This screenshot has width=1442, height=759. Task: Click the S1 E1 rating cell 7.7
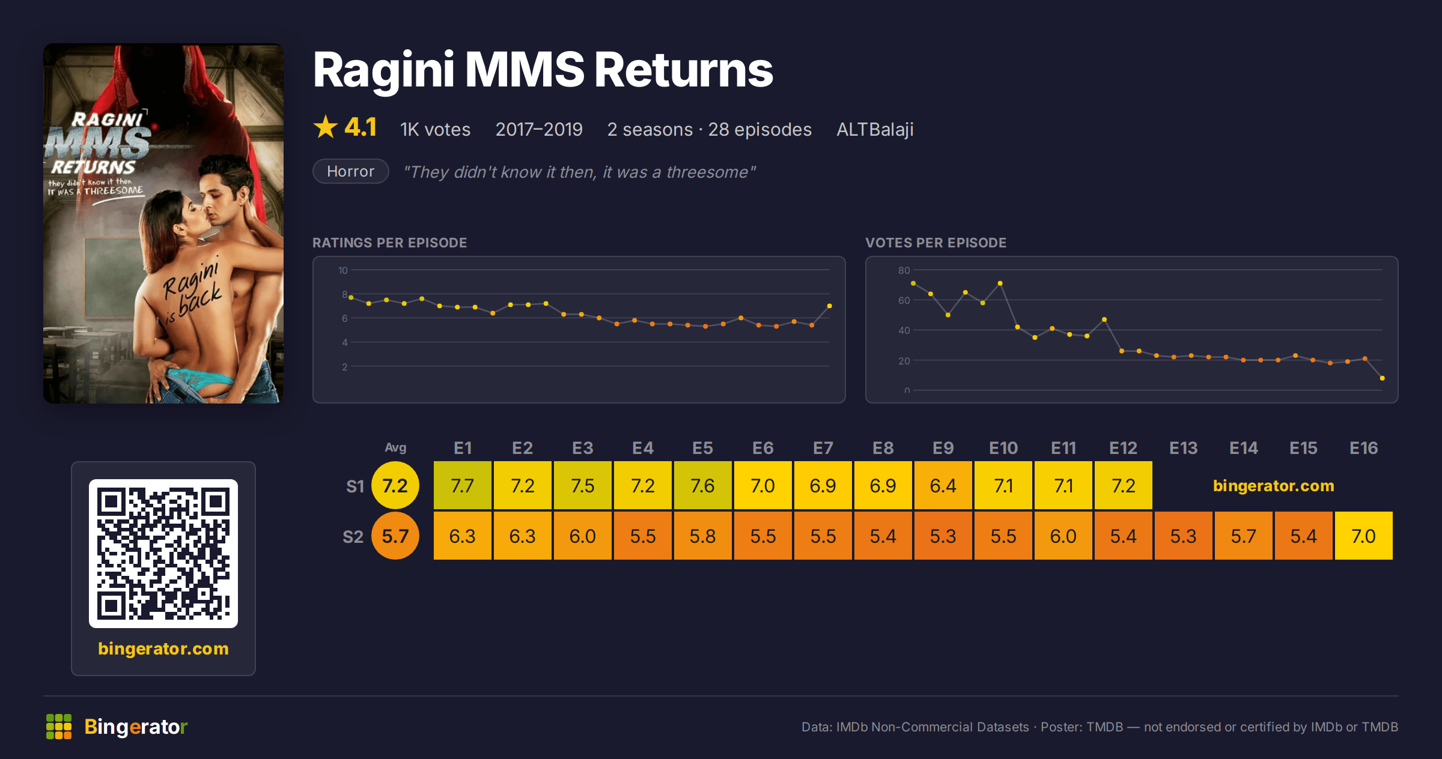462,485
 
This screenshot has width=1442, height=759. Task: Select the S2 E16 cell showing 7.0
1363,536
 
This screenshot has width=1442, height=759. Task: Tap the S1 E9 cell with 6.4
943,485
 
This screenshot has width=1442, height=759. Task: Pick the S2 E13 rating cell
1183,536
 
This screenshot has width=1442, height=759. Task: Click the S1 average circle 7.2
395,485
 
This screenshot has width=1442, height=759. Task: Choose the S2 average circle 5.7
395,536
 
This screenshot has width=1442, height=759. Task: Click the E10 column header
1003,448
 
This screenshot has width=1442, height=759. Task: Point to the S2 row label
353,536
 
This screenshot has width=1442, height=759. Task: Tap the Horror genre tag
350,172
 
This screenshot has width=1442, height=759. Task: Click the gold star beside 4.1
326,127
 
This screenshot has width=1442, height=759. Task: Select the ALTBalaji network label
875,129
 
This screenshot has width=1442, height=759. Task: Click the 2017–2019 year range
539,129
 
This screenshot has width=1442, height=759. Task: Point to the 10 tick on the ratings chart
343,270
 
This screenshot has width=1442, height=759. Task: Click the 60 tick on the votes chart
904,300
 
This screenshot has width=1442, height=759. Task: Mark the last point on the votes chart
1383,378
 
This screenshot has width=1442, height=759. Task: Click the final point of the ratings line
830,306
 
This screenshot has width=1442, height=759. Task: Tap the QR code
163,554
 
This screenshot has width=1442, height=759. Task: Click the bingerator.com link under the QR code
163,649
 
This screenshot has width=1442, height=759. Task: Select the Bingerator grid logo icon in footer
59,727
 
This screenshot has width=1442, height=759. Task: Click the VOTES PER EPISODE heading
935,243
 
